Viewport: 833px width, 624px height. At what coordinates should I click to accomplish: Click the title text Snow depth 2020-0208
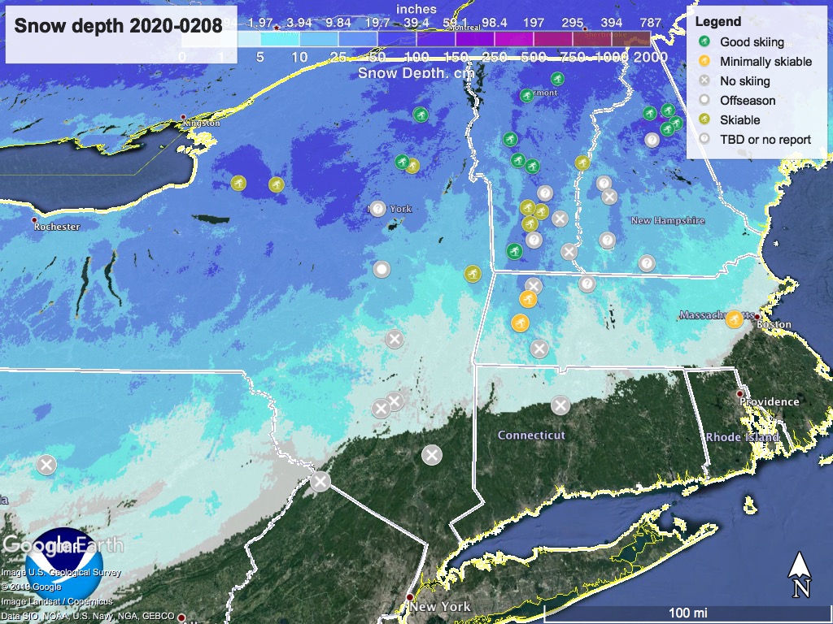tap(119, 25)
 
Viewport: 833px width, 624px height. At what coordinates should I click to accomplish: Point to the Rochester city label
tap(57, 227)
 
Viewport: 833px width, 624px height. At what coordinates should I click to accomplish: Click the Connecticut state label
tap(531, 435)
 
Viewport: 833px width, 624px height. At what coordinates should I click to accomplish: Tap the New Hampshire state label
tap(668, 220)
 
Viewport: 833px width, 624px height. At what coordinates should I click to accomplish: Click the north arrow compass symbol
tap(800, 574)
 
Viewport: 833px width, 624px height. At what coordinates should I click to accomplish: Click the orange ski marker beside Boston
tap(734, 318)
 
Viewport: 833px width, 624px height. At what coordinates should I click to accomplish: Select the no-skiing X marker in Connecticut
tap(560, 405)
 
